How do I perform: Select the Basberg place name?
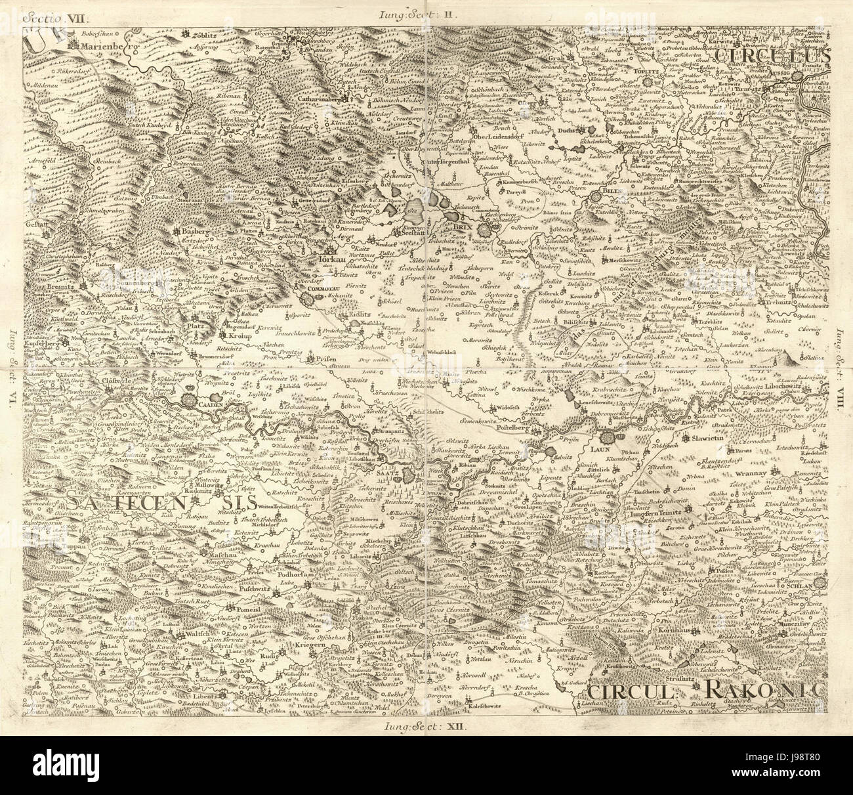[194, 232]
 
